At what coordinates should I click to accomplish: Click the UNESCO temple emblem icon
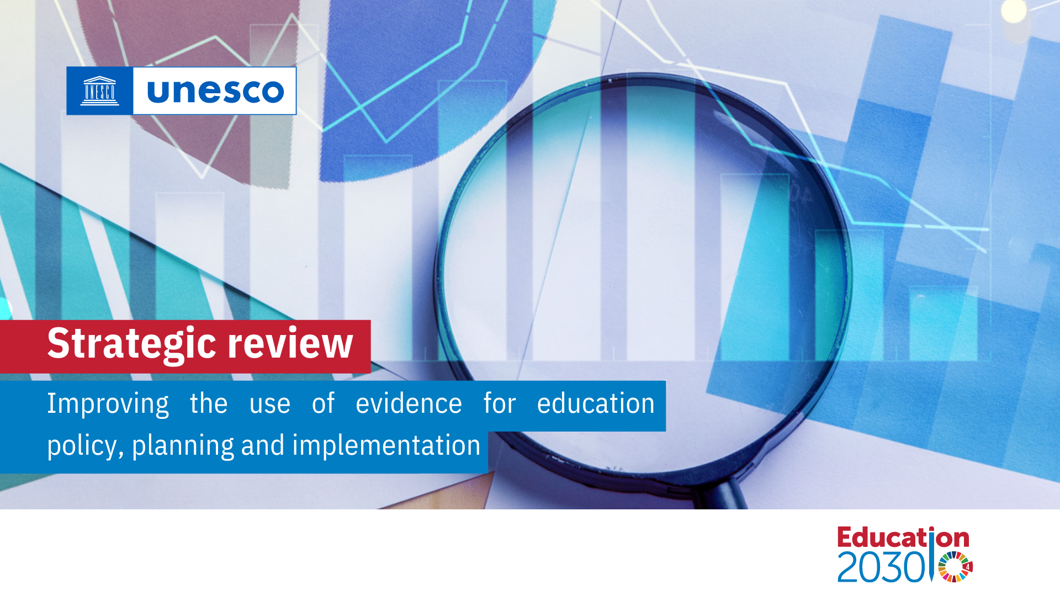tap(99, 91)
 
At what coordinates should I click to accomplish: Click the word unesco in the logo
tap(215, 91)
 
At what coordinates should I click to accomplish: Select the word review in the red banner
tap(290, 344)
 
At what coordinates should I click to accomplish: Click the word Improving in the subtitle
tap(108, 404)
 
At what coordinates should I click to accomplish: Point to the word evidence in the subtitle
tap(409, 403)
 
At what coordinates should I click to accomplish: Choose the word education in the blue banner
tap(596, 403)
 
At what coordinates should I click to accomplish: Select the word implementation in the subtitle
tap(386, 445)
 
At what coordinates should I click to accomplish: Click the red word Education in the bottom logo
tap(903, 538)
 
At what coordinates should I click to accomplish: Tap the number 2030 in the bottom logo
tap(881, 567)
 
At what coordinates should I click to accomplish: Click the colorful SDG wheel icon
tap(955, 567)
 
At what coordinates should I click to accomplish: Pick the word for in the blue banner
tap(499, 403)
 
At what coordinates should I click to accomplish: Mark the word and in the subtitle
tap(263, 445)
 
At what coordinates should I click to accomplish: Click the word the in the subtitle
tap(209, 403)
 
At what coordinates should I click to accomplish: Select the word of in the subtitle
tap(324, 403)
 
